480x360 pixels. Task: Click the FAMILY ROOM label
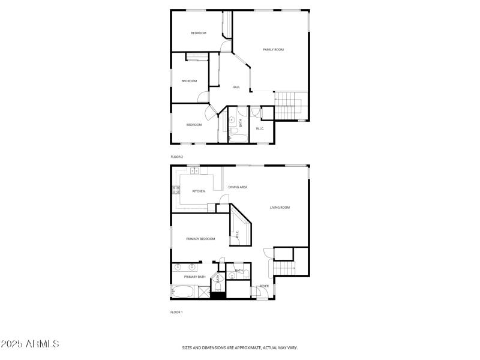[x=273, y=49]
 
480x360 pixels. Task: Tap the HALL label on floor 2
[x=236, y=88]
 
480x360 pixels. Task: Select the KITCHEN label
[x=199, y=191]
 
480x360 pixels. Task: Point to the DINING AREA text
[x=238, y=187]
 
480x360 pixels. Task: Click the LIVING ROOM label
[x=280, y=208]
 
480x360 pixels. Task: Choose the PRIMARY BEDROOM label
[x=200, y=239]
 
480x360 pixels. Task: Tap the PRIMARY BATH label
[x=194, y=277]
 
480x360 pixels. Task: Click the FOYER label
[x=263, y=286]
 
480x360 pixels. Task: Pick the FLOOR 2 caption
[x=176, y=157]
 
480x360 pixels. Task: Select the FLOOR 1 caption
[x=176, y=312]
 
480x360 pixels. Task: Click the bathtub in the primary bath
[x=182, y=292]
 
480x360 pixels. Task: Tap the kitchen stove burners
[x=176, y=191]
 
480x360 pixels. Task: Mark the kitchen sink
[x=194, y=171]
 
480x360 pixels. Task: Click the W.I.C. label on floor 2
[x=260, y=128]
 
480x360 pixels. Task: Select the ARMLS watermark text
[x=30, y=344]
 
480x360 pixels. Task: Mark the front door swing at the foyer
[x=262, y=294]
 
